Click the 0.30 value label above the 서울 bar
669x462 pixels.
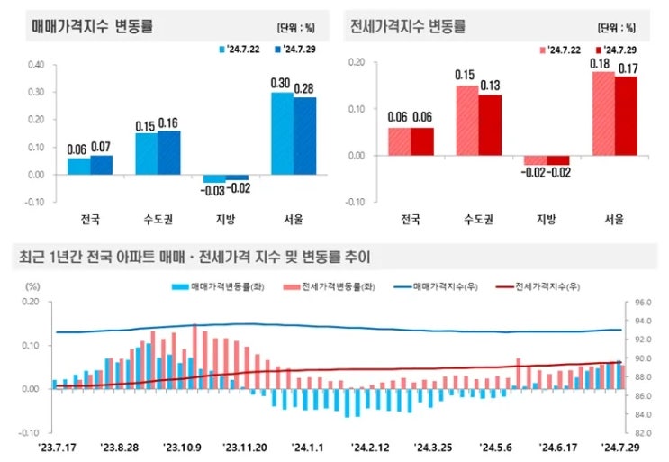[x=280, y=84]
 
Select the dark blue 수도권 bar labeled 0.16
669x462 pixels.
[x=168, y=153]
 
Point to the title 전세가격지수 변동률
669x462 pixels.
[x=409, y=26]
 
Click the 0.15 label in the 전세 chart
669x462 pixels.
[x=466, y=75]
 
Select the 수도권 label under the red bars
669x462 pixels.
[x=478, y=219]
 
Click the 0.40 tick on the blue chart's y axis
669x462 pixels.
[x=36, y=65]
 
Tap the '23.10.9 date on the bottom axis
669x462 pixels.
[x=183, y=446]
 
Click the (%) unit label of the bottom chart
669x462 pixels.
[x=33, y=285]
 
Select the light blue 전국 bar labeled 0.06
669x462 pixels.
[x=78, y=167]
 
